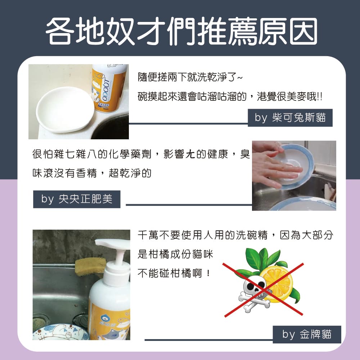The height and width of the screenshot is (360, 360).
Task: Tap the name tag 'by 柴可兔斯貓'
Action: click(x=290, y=118)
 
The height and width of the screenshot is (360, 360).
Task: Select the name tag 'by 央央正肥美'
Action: click(x=77, y=199)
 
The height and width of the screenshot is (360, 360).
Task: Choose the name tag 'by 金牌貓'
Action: click(x=307, y=334)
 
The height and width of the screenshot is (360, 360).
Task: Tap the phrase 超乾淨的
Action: click(x=131, y=174)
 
